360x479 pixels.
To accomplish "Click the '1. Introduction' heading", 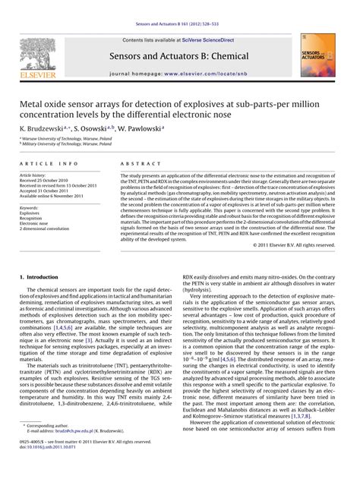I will click(x=43, y=278).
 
